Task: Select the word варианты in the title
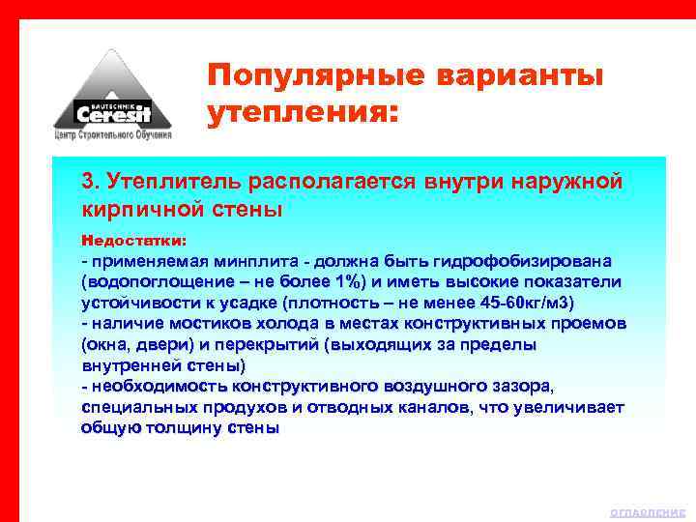coord(515,75)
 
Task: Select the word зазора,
coord(522,387)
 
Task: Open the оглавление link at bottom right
coord(648,512)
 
